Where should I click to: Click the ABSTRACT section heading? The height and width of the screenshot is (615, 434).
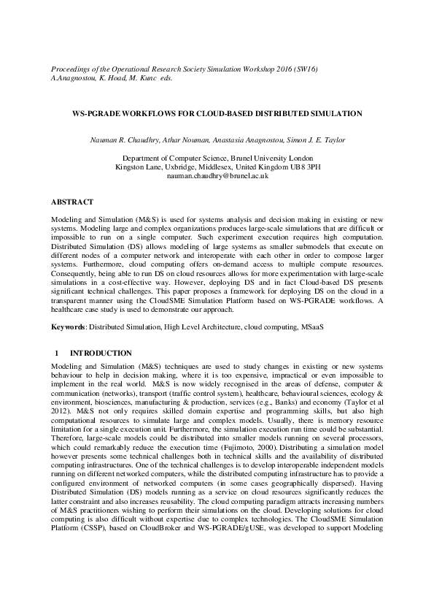[71, 200]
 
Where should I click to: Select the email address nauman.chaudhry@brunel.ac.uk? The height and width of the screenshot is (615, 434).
[217, 176]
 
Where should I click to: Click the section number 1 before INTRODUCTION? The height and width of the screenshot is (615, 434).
[56, 353]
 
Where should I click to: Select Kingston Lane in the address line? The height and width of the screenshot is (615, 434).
[136, 167]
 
